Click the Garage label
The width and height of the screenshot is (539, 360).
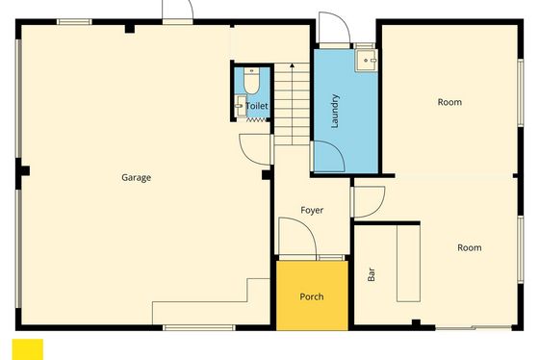[136, 178]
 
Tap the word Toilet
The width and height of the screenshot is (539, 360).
[257, 106]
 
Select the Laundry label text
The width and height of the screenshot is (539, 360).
[335, 111]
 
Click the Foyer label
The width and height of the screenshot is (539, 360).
[312, 210]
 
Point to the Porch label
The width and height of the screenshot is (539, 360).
[312, 296]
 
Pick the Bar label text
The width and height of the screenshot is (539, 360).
[372, 274]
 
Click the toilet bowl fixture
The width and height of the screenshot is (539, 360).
[251, 81]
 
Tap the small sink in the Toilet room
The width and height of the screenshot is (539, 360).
[241, 106]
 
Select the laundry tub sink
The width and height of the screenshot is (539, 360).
[367, 61]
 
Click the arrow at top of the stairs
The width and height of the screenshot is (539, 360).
[292, 65]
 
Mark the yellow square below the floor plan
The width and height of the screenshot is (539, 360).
[28, 349]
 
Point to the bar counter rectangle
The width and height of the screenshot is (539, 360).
[408, 264]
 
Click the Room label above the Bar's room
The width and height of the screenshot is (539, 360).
[449, 102]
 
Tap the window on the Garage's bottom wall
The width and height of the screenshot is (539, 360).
[199, 327]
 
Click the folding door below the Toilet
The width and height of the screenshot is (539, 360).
[256, 119]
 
